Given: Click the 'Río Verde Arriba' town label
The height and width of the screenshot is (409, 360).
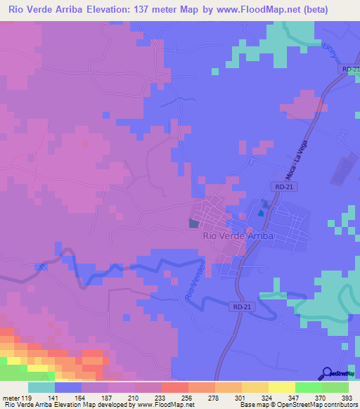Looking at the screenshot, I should coord(237,236).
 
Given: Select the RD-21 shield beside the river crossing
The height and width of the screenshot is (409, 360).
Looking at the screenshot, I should coord(240,306).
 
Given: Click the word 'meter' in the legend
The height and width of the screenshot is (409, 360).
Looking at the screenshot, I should coord(12,397).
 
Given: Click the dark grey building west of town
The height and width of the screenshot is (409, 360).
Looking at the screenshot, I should coord(194,223).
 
